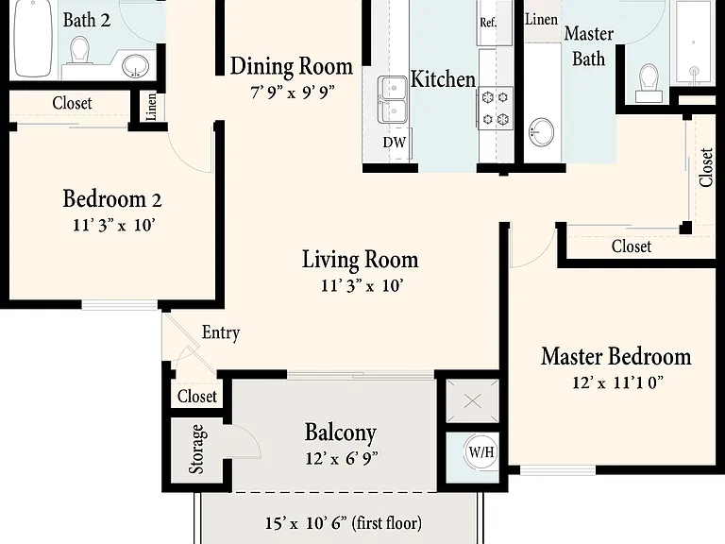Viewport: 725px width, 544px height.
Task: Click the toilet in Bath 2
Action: point(80,50)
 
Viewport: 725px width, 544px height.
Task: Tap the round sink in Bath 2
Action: point(136,66)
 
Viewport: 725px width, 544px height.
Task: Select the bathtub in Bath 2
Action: point(33,38)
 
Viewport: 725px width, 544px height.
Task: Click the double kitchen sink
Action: point(392,99)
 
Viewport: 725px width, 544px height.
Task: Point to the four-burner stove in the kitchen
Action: point(496,109)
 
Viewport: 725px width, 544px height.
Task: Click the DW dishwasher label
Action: point(394,142)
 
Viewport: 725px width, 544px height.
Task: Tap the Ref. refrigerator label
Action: point(488,23)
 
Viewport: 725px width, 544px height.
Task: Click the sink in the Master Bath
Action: point(541,132)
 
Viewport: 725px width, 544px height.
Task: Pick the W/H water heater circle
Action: point(481,452)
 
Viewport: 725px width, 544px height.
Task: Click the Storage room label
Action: point(196,450)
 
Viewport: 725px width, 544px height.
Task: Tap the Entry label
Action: point(221,332)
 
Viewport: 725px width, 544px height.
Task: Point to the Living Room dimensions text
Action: point(362,285)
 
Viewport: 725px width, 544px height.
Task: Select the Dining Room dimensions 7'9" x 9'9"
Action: point(292,92)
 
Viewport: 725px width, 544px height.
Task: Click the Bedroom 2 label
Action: point(112,199)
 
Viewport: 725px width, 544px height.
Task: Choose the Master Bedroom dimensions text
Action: point(617,382)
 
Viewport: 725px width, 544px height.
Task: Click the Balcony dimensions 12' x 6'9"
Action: point(341,458)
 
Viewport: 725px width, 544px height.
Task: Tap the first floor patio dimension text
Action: point(343,523)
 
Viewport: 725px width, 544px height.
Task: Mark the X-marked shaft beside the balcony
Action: point(472,400)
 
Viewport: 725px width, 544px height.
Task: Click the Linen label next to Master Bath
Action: point(541,20)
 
